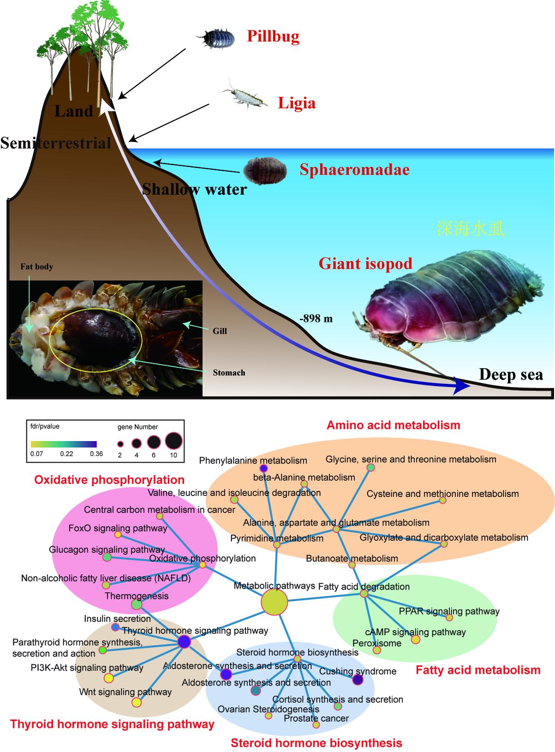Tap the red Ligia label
[297, 103]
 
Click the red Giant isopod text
[365, 264]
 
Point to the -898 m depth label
[316, 319]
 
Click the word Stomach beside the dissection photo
[229, 372]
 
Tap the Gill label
[220, 331]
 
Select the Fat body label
[36, 267]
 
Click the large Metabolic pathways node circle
[275, 602]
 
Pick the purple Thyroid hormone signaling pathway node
[184, 642]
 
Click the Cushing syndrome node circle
[358, 680]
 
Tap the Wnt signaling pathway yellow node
[136, 702]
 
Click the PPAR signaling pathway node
[449, 617]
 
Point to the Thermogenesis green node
[137, 604]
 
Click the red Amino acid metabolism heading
[393, 425]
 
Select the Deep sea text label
[511, 375]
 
